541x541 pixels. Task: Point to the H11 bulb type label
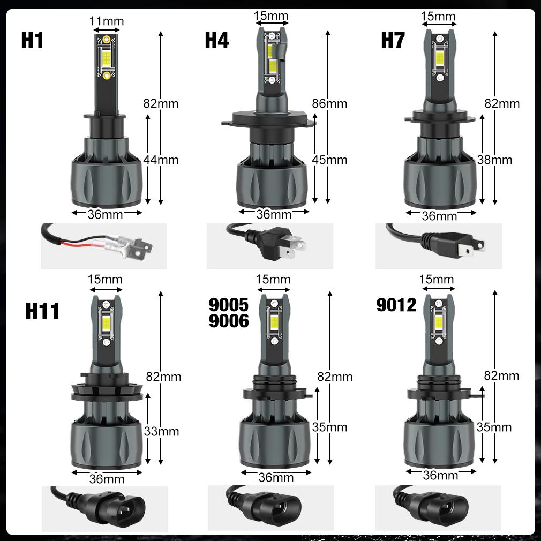42,311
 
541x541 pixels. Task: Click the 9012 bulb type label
396,305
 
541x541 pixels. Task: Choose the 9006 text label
229,321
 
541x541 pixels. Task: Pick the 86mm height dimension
329,103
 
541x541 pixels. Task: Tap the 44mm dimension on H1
161,160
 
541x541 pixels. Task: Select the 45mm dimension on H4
329,160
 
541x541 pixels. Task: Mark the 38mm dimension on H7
494,160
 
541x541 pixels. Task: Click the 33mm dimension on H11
161,431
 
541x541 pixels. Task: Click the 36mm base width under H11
107,479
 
